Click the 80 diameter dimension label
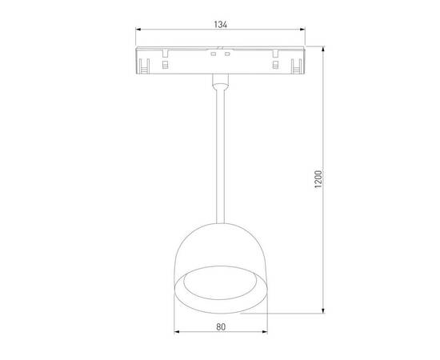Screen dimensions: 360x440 (x=220, y=326)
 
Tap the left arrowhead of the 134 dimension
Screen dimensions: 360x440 (x=135, y=32)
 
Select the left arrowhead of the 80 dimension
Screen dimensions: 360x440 (x=176, y=333)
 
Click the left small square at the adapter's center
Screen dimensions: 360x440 (x=214, y=54)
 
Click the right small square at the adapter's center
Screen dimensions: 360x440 (x=227, y=54)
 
